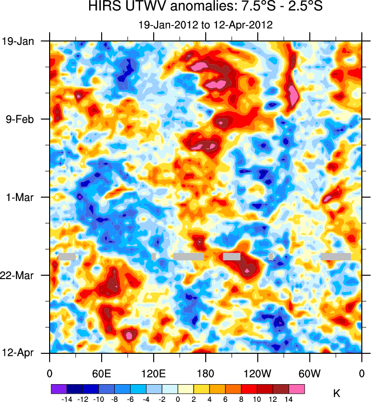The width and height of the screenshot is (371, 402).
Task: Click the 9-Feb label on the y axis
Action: point(20,119)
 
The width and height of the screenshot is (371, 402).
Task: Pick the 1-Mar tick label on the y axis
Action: point(21,197)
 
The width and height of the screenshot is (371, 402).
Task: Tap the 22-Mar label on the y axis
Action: point(18,275)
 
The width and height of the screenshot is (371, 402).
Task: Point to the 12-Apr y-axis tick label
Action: point(18,353)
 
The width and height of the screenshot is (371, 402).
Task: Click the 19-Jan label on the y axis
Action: point(18,41)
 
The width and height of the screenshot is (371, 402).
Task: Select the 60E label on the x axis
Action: point(102,373)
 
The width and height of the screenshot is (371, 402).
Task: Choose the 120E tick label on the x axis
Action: point(154,373)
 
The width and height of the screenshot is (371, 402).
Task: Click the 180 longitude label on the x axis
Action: point(206,373)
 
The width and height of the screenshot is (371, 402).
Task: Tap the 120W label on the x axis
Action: point(258,373)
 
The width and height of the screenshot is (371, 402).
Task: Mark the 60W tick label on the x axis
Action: point(310,373)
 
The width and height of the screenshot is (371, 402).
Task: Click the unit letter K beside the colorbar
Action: point(337,394)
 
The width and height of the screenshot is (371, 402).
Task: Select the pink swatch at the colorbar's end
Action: point(297,389)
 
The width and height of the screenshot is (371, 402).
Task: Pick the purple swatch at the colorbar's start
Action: point(59,389)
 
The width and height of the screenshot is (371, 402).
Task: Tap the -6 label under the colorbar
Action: point(130,399)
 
